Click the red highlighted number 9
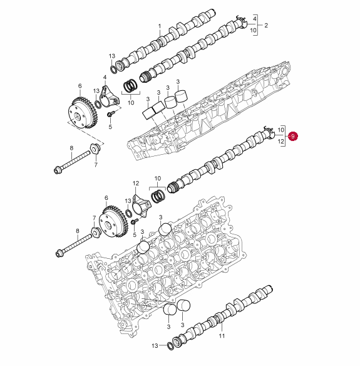[x=293, y=136]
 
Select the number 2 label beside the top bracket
[x=266, y=25]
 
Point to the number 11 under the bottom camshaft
[x=222, y=336]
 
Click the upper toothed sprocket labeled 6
[x=83, y=113]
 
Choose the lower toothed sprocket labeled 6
[x=113, y=221]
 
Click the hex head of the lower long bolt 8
[x=60, y=253]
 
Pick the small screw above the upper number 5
[x=110, y=114]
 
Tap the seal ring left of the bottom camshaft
[x=170, y=347]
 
